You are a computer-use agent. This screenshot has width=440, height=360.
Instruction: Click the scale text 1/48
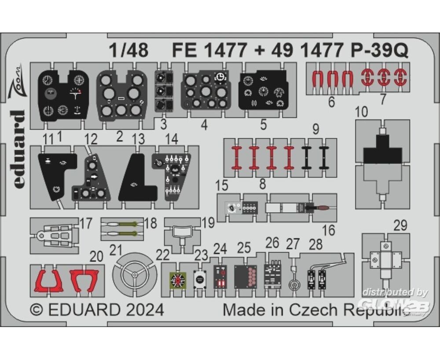(x=130, y=51)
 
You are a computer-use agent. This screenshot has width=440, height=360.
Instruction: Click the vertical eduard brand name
(x=19, y=149)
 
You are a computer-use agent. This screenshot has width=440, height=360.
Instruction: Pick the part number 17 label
(x=86, y=223)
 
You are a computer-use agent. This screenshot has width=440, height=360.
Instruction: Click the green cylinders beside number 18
(x=122, y=224)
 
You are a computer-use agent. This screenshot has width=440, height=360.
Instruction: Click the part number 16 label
(x=328, y=230)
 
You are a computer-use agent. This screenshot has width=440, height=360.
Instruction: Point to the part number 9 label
(x=315, y=130)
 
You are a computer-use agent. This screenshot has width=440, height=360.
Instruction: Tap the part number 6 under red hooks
(x=331, y=102)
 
